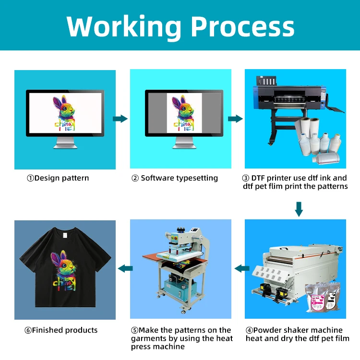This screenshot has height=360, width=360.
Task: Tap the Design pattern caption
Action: [x=58, y=178]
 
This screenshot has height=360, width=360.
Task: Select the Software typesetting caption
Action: [x=175, y=178]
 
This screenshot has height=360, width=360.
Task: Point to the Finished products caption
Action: [x=61, y=330]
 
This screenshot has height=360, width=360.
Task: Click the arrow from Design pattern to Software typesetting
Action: [x=120, y=119]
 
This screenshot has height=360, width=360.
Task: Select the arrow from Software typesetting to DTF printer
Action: [x=236, y=119]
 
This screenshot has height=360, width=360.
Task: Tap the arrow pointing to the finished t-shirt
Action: [x=125, y=268]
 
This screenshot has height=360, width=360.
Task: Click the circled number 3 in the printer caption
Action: [x=246, y=178]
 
